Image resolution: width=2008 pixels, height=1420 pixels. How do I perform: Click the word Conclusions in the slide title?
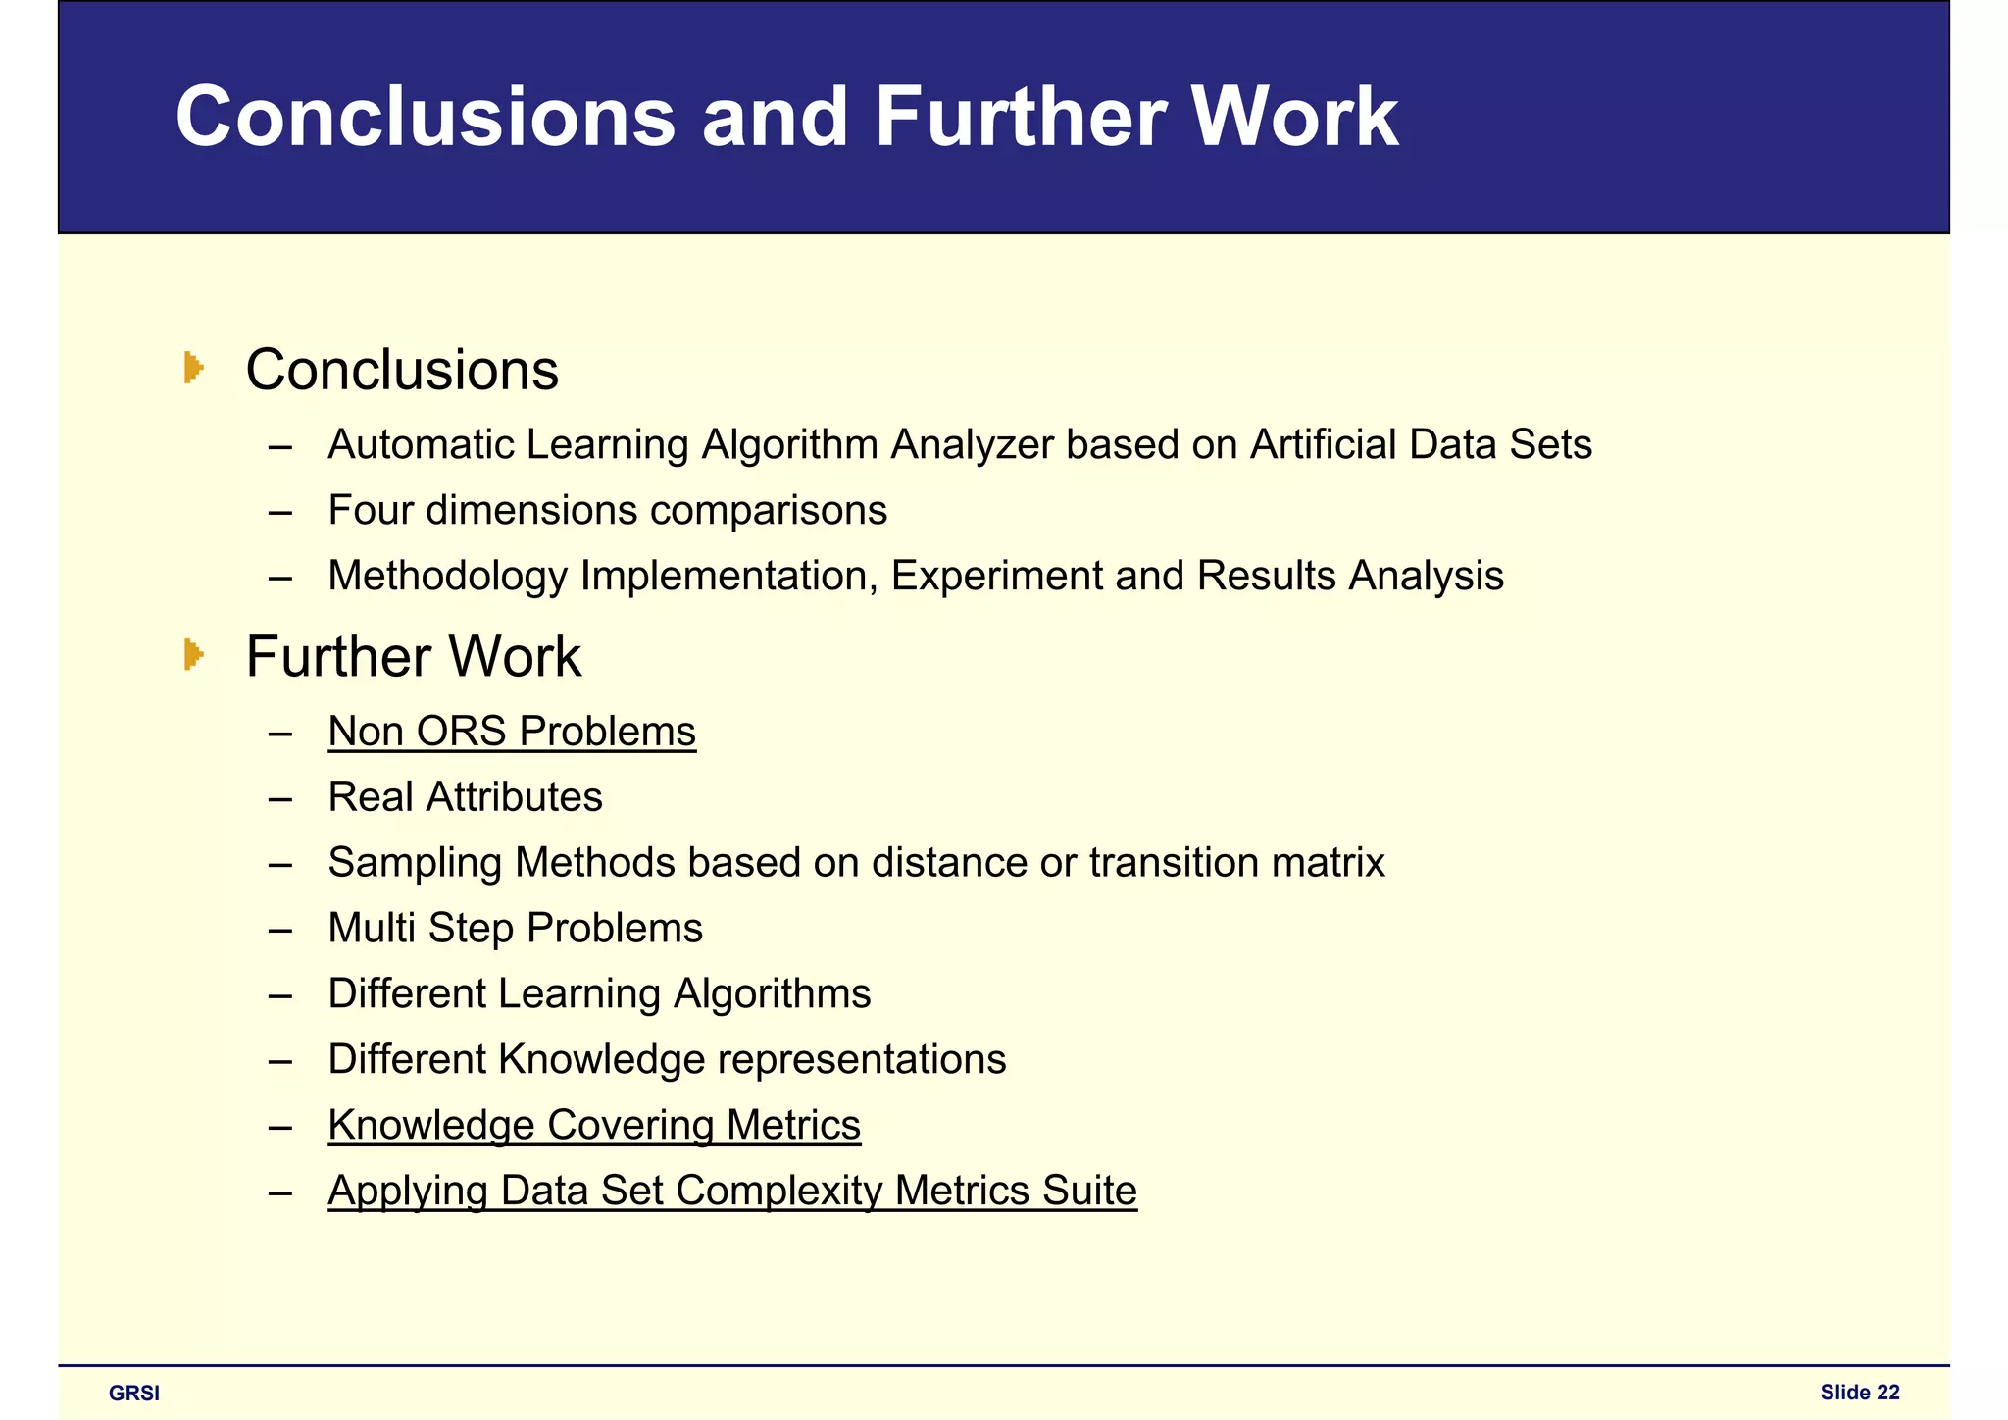coord(426,118)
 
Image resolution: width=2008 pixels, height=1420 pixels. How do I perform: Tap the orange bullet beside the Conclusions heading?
coord(193,369)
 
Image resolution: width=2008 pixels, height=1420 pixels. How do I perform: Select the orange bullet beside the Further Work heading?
coord(193,655)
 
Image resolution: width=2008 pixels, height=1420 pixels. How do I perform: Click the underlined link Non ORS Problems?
coord(512,732)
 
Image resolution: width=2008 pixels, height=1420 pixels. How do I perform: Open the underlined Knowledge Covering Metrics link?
coord(594,1125)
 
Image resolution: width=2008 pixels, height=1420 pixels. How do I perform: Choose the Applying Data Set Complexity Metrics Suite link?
coord(732,1191)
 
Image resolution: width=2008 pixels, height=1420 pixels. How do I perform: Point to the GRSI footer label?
coord(134,1394)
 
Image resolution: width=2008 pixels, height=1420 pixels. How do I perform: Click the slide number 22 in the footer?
coord(1888,1393)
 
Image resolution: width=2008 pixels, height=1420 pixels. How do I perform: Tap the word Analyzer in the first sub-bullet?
coord(972,445)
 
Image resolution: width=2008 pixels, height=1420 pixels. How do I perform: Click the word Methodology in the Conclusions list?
coord(448,577)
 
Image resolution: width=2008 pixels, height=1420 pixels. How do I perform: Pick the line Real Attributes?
coord(465,797)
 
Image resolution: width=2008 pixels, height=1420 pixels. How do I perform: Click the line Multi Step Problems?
coord(515,929)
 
